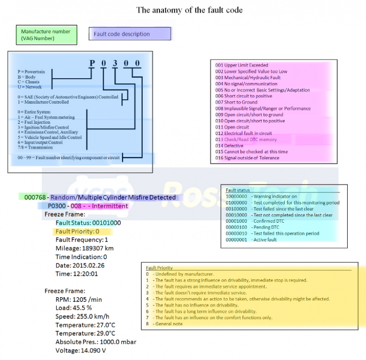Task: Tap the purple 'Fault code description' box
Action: pos(130,34)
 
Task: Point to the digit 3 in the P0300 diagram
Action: pos(115,63)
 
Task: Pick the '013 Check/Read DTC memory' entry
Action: pos(246,140)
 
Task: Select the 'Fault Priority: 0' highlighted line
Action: pos(77,231)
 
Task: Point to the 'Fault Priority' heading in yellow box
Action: pos(159,268)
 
